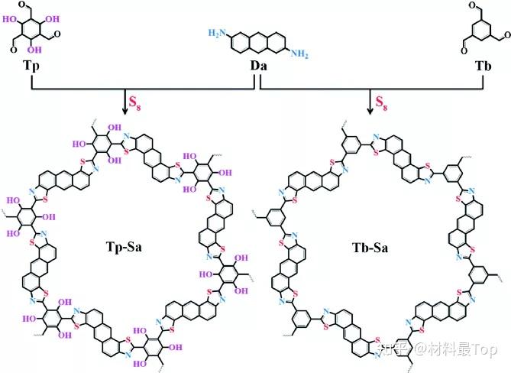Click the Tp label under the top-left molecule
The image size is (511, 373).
point(31,66)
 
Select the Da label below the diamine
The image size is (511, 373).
point(258,66)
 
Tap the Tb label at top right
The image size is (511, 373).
point(483,66)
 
